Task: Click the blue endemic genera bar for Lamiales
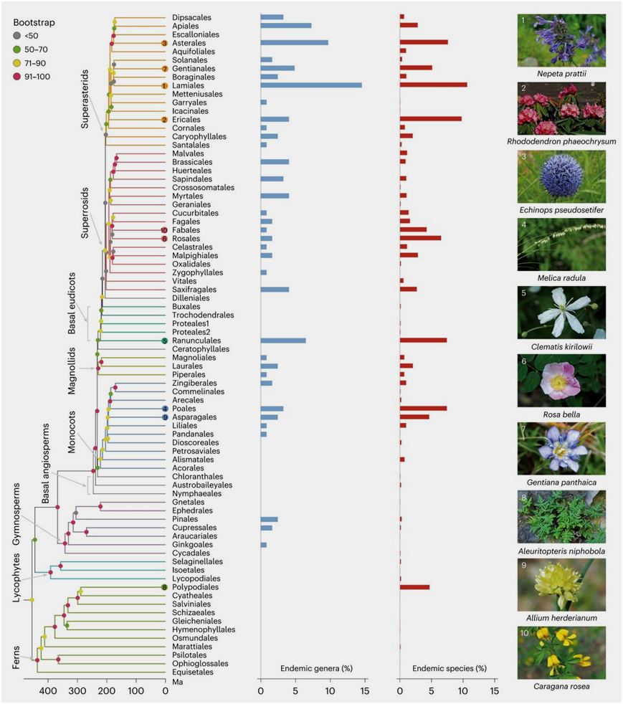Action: coord(310,85)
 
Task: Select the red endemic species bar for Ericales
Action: coord(430,119)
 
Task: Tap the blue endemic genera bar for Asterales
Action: coord(294,43)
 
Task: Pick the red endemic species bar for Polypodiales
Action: coord(414,587)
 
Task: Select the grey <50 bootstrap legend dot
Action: coord(16,34)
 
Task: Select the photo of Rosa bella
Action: coord(561,380)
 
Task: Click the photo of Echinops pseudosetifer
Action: coord(561,176)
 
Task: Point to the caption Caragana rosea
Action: coord(561,686)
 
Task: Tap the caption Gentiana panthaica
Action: coord(561,482)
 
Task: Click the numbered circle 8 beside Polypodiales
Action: coord(165,587)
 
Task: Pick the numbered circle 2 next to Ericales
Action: coord(164,120)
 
